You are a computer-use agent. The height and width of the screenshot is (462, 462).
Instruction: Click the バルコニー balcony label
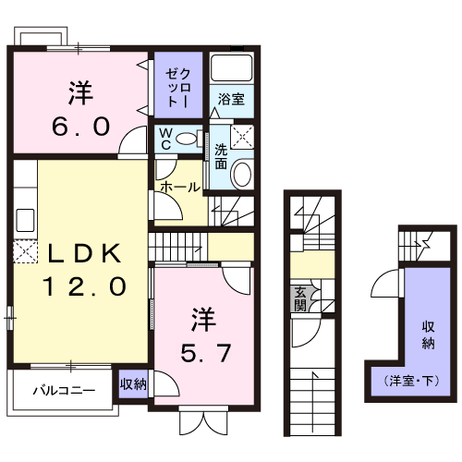[x=64, y=389]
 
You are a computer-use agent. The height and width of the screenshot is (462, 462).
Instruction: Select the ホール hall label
[x=179, y=187]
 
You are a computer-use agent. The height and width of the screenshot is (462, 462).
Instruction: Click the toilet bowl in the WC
[x=188, y=139]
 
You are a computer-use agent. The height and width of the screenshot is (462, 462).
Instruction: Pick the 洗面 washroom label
[x=222, y=156]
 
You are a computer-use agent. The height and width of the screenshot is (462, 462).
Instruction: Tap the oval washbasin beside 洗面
[x=241, y=173]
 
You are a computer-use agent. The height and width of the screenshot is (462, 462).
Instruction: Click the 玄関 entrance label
[x=300, y=300]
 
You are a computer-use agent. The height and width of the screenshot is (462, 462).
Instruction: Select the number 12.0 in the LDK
[x=82, y=286]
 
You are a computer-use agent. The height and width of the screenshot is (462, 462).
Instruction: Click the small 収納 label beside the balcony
[x=133, y=383]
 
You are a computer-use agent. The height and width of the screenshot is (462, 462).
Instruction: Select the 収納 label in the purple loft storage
[x=429, y=334]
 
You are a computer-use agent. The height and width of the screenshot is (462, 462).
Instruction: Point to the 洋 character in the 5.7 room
[x=204, y=321]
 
